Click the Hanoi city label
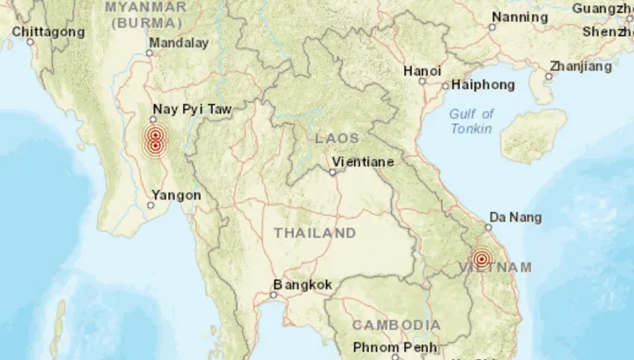422,70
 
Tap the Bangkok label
302,285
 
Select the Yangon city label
176,195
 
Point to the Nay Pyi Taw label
192,110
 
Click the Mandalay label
179,42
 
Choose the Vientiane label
362,162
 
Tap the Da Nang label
515,217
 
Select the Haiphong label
483,85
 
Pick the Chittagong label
48,32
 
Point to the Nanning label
520,18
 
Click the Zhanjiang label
580,66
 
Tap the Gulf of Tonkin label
472,121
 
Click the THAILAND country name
314,233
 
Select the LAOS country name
337,138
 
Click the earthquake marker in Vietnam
481,259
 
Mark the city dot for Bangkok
274,296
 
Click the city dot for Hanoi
423,82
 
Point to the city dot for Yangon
151,205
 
